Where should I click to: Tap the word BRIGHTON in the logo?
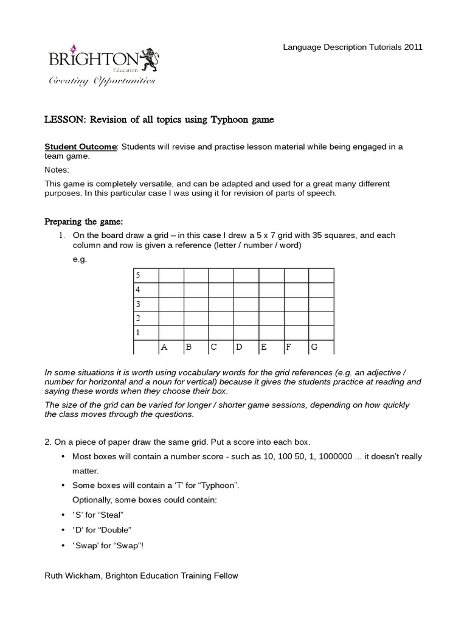click(x=93, y=59)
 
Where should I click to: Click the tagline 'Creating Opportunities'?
click(x=102, y=81)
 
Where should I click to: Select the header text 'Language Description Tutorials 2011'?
click(x=353, y=47)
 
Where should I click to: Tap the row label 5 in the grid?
click(x=138, y=275)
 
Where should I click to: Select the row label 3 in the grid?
click(x=138, y=304)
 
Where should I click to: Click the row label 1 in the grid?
click(x=138, y=333)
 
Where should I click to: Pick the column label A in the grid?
click(x=164, y=347)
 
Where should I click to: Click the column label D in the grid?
click(x=239, y=347)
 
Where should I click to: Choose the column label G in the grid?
click(x=314, y=347)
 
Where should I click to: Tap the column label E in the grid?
click(x=264, y=347)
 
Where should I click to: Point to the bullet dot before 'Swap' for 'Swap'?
click(x=64, y=545)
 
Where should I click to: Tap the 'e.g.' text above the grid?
click(x=80, y=259)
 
